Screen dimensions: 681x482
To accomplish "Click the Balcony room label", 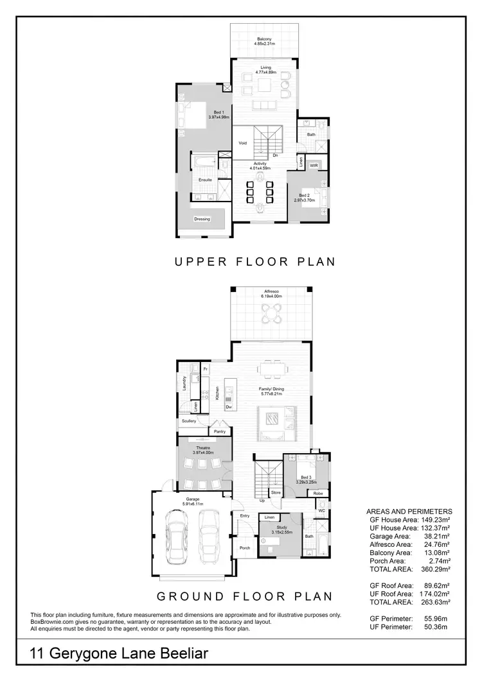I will (x=264, y=39).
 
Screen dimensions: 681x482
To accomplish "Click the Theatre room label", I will (x=202, y=449).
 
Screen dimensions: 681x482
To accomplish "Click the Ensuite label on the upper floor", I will (x=205, y=180).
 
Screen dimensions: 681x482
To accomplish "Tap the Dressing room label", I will (x=202, y=219).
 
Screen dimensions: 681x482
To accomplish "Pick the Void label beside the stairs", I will (x=243, y=143).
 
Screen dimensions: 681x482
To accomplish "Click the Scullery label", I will (x=188, y=421).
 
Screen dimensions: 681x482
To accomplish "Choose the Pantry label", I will (x=219, y=432).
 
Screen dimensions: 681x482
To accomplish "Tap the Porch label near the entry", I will (x=245, y=547).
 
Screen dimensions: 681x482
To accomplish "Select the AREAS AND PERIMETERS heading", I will (x=408, y=511).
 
